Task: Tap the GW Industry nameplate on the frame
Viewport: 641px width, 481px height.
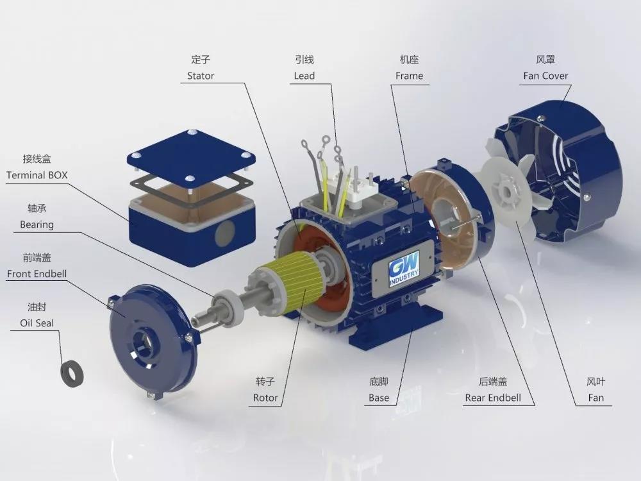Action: coord(404,269)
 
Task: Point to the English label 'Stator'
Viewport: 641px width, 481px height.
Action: coord(201,76)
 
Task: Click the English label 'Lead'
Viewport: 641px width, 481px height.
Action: coord(304,76)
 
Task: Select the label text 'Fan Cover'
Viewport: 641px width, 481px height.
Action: coord(545,76)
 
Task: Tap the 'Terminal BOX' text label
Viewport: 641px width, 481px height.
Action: coord(37,174)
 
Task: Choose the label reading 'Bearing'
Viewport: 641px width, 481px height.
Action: coord(37,224)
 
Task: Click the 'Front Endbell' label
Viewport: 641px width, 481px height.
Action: coord(37,273)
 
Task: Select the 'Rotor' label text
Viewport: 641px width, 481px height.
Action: coord(265,398)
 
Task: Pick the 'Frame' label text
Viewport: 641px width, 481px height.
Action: coord(409,76)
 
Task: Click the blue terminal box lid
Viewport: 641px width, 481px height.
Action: coord(192,154)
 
